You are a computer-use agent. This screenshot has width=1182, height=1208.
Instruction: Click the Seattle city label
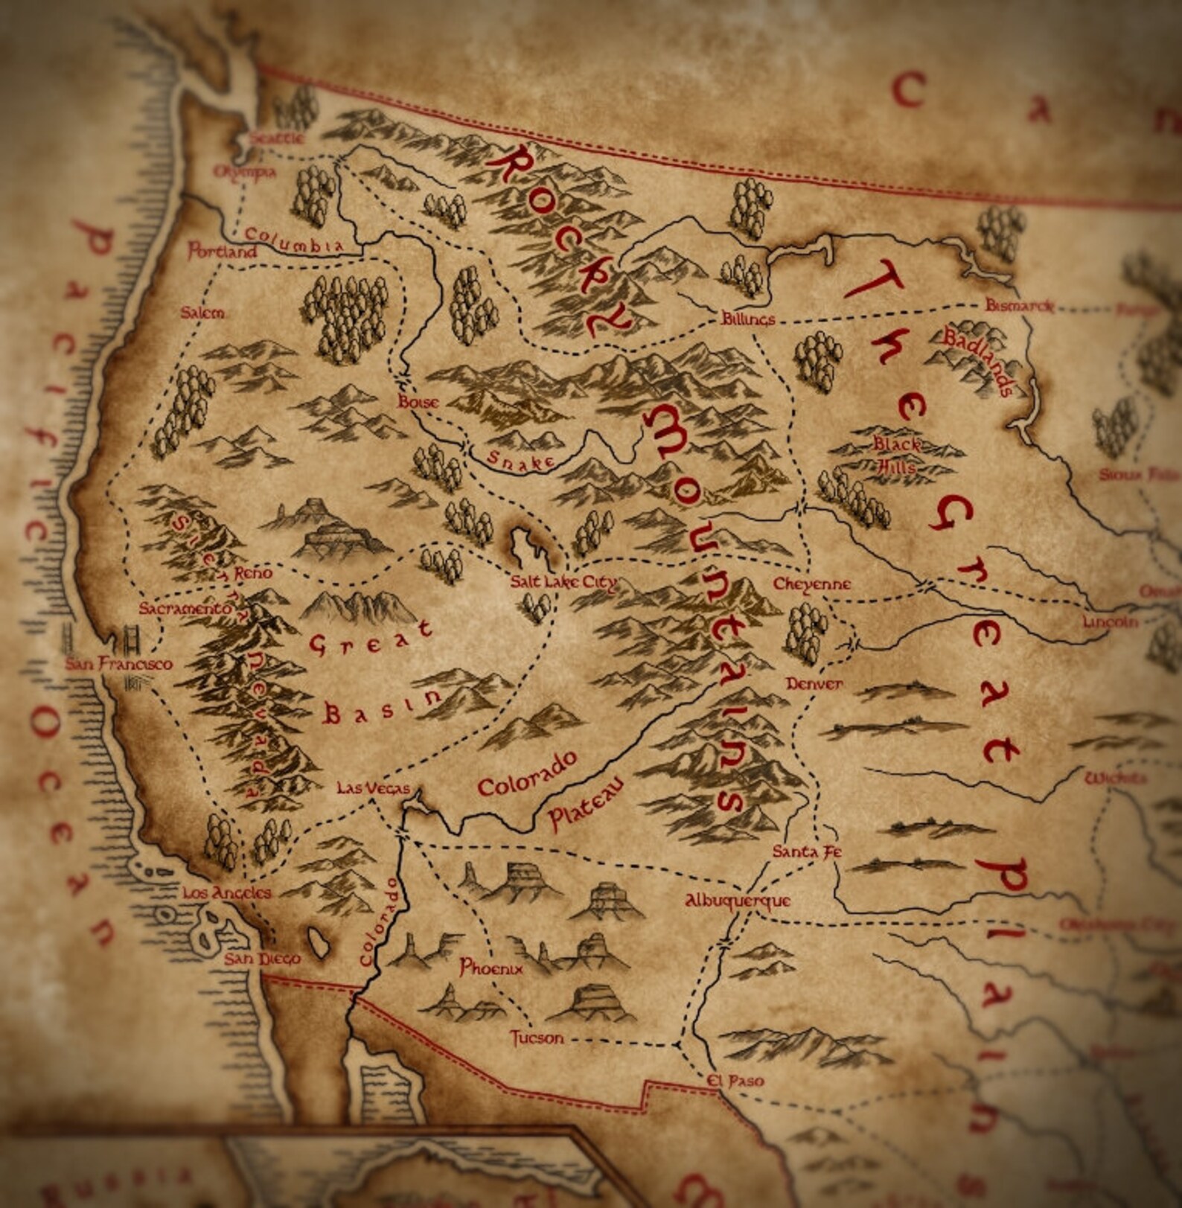(x=276, y=138)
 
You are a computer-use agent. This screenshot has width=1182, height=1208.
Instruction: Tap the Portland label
(x=222, y=251)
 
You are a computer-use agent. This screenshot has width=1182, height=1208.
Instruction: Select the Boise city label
(x=418, y=402)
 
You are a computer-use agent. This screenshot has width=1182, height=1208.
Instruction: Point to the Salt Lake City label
(x=563, y=582)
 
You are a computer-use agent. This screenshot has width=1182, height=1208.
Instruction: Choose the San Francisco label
(x=118, y=664)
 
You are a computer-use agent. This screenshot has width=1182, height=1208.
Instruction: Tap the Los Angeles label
(x=227, y=892)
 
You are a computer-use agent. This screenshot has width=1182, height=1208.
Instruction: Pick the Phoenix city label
(x=491, y=968)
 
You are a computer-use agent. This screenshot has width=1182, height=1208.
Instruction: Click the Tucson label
(x=536, y=1037)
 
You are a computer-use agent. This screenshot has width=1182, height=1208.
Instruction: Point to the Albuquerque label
(x=738, y=901)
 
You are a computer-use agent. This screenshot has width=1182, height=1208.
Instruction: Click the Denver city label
(x=814, y=683)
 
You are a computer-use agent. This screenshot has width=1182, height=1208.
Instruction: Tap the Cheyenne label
(x=811, y=584)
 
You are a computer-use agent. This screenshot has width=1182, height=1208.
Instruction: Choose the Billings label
(x=748, y=319)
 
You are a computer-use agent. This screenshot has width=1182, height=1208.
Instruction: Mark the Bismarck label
(x=1019, y=305)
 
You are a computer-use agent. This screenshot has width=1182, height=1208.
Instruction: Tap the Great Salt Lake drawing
(x=531, y=543)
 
